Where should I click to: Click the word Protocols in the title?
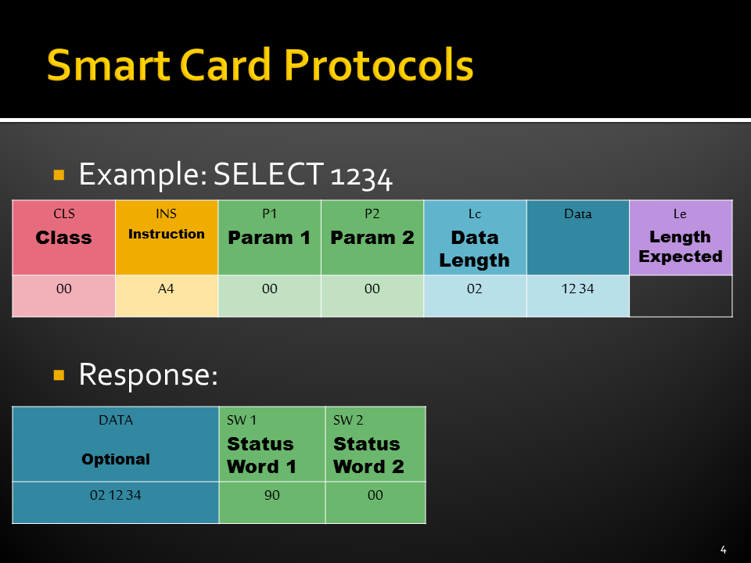(379, 65)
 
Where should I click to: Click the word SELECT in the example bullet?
(268, 174)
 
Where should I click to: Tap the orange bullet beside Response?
(59, 375)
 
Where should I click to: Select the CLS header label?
(63, 213)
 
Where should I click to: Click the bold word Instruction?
(166, 234)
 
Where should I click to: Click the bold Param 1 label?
(269, 238)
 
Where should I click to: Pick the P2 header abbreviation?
(372, 213)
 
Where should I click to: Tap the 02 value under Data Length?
(475, 289)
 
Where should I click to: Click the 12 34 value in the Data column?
(577, 289)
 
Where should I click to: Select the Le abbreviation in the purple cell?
(680, 214)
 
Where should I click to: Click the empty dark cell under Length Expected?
(681, 296)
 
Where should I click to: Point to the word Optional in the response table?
(116, 459)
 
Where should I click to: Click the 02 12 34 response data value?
(116, 495)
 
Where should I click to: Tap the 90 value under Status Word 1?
(272, 495)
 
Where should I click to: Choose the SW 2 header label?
(348, 421)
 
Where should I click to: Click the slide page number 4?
(723, 550)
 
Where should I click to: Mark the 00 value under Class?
(63, 289)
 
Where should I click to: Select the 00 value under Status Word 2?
(375, 495)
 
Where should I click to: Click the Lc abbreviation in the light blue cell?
(475, 214)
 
